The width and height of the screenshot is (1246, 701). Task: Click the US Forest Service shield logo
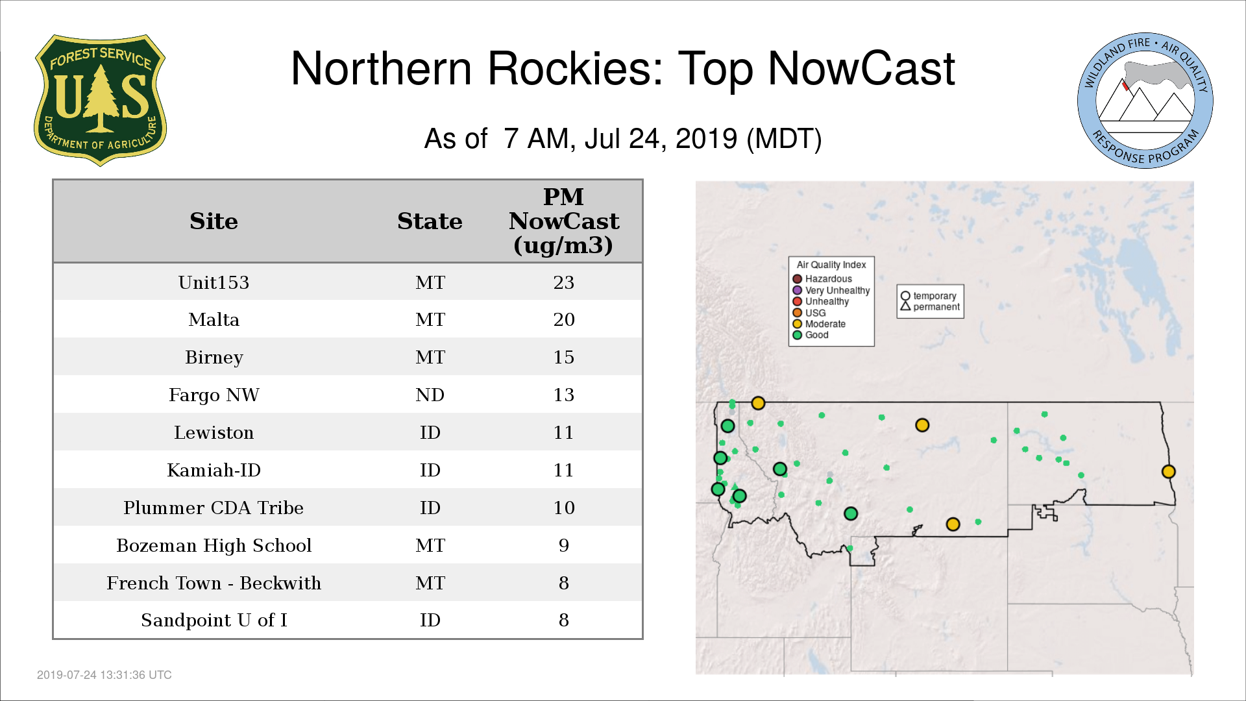[x=100, y=100]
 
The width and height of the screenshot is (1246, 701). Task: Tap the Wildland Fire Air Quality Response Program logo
[x=1145, y=101]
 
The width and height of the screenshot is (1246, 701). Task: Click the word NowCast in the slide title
[x=861, y=68]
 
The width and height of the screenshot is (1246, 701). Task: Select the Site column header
[x=214, y=221]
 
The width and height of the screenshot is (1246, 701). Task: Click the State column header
[x=430, y=221]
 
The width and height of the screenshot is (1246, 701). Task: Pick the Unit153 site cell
[x=214, y=282]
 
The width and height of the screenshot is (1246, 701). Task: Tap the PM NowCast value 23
[x=563, y=282]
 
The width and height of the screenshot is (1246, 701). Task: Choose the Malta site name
[x=214, y=319]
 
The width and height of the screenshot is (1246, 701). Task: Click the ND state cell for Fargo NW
[x=430, y=395]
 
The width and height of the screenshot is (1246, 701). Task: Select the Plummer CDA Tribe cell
[x=214, y=508]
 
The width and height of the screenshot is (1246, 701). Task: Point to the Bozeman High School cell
[x=214, y=545]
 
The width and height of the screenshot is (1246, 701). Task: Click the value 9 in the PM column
[x=563, y=545]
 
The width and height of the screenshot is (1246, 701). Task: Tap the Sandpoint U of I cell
[x=214, y=621]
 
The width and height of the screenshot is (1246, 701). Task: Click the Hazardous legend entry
[x=822, y=279]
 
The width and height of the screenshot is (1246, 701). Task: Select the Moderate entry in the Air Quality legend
[x=819, y=324]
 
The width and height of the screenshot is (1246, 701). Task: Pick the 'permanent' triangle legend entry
[x=930, y=306]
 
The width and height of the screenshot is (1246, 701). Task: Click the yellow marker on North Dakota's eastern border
[x=1168, y=472]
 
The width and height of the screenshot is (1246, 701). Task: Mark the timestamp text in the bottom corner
[x=104, y=675]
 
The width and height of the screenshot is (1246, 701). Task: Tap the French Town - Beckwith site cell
[x=214, y=583]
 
